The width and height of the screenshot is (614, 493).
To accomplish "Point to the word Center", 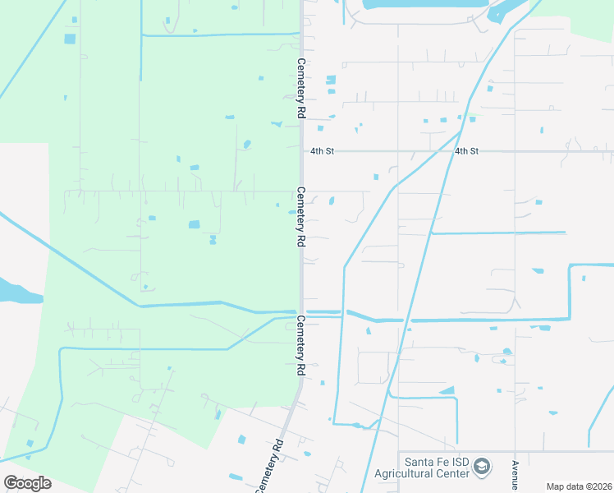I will coord(451,474).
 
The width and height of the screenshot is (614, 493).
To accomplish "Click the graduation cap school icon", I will coord(482,468).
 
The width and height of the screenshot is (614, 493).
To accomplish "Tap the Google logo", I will coord(26,483).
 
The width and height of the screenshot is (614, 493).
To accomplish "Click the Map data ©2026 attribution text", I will coord(580,486).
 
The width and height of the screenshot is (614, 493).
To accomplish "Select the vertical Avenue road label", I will coord(515,474).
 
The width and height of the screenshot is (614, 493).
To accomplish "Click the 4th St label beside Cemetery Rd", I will coord(322,151).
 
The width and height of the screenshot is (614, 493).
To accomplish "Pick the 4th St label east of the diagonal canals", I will coord(466,151).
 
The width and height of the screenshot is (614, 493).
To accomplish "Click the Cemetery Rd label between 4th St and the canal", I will coord(301,217).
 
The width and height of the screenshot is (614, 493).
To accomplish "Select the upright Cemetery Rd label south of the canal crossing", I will coord(301,345).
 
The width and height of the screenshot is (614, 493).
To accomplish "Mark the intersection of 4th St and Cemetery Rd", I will coord(301,151).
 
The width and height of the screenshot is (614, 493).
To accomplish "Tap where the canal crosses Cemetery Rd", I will coord(301,313).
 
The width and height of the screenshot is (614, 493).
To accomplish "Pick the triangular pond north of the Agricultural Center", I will coord(447,390).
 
